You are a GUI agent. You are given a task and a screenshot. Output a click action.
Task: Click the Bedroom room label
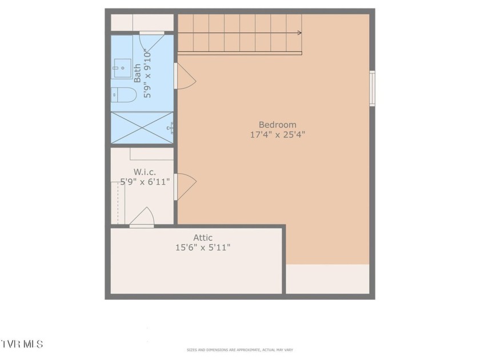277,125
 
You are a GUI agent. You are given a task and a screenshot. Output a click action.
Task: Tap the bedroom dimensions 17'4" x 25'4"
278,135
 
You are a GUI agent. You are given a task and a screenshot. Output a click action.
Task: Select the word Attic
203,238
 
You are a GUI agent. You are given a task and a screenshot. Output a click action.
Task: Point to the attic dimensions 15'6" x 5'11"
203,247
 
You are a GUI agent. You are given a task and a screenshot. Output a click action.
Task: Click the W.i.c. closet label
145,172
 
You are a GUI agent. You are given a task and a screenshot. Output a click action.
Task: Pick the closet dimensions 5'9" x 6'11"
145,182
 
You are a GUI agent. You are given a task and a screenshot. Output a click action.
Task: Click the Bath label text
138,73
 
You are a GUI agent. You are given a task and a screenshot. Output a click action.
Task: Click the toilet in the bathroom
123,95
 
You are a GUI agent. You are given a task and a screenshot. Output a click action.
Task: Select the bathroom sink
122,68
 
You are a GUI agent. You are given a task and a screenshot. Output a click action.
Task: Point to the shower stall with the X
142,127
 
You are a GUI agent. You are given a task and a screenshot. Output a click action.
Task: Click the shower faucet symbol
170,127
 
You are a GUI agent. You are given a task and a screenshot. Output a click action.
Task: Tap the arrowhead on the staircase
299,33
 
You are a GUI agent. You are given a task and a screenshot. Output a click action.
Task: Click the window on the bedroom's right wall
372,89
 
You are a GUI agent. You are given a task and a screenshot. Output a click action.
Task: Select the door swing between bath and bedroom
185,76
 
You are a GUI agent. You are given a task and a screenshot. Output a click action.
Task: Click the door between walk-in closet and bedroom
185,187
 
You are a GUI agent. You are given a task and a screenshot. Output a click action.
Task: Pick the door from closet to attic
142,218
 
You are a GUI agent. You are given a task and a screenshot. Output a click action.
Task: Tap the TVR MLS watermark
22,344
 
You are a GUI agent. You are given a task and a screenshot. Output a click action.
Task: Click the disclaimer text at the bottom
239,350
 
